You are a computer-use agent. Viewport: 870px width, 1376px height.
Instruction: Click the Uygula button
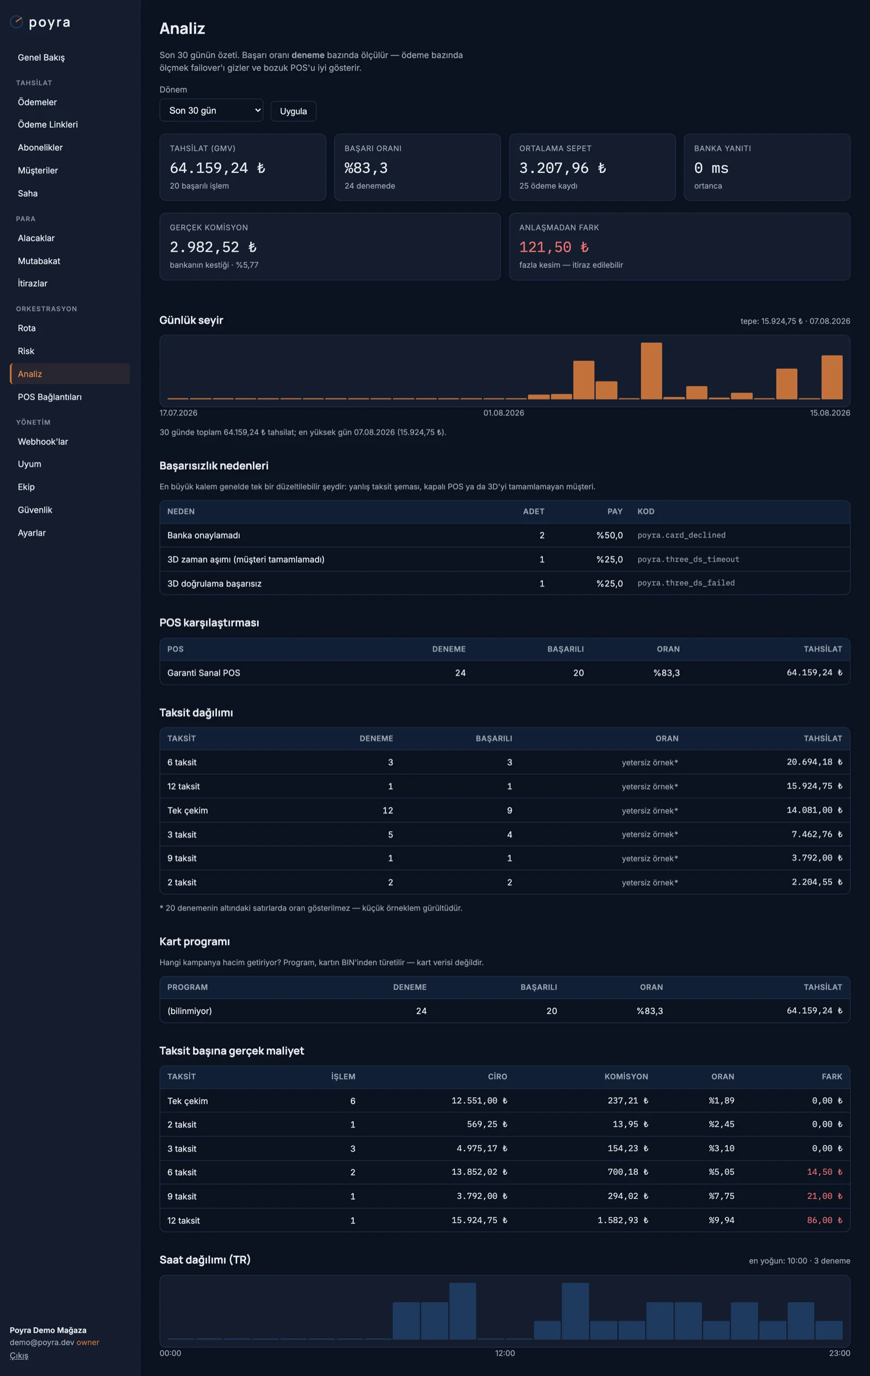(x=293, y=111)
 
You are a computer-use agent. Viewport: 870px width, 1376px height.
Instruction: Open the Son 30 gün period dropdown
(x=211, y=110)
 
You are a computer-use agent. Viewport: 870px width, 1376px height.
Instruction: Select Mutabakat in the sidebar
(x=39, y=260)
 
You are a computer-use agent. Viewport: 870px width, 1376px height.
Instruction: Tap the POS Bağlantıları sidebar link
(x=49, y=396)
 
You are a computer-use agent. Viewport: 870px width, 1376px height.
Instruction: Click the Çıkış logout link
(x=19, y=1355)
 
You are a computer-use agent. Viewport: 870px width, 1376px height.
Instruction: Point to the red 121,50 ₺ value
(x=554, y=247)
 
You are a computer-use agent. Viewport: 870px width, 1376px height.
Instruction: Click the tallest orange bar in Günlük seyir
(x=651, y=371)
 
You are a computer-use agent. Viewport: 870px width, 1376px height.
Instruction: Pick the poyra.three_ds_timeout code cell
(x=688, y=559)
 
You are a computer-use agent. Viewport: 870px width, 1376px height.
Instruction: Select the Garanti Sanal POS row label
(x=203, y=673)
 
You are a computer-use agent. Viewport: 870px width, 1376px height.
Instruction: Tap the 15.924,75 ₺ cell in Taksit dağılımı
(x=814, y=786)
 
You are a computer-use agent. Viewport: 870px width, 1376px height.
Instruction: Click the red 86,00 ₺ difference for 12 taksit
(x=824, y=1220)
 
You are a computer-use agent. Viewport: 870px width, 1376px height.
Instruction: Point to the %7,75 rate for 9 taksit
(x=722, y=1196)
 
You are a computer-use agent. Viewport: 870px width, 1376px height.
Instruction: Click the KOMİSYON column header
(x=626, y=1076)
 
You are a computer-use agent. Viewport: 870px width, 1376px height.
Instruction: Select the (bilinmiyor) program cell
(x=190, y=1010)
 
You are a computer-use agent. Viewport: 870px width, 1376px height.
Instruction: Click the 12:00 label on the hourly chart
(x=505, y=1353)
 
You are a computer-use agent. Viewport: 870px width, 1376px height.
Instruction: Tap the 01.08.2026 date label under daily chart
(x=504, y=413)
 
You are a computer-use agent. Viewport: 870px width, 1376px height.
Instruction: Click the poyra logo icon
(x=16, y=22)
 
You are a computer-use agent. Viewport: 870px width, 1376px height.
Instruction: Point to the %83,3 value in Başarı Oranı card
(x=366, y=168)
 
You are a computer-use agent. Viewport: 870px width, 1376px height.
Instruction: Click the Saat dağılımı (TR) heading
(x=204, y=1260)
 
